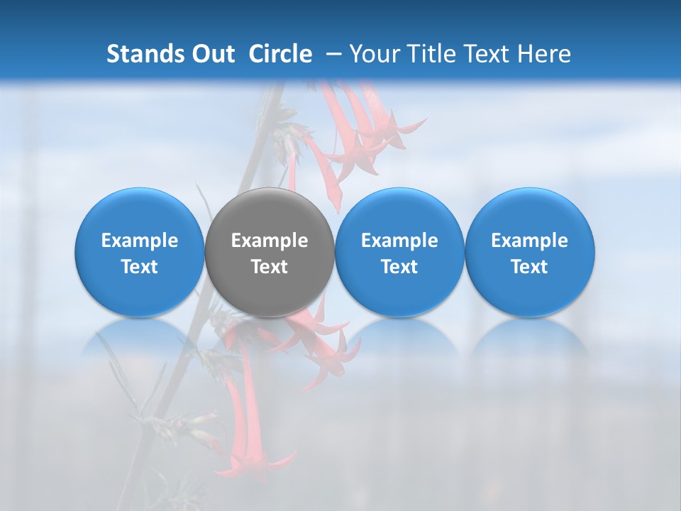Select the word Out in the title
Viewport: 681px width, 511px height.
pos(211,54)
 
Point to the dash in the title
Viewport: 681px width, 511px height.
pos(331,54)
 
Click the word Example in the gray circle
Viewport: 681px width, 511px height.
pos(270,241)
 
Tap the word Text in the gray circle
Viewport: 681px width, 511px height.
pos(270,267)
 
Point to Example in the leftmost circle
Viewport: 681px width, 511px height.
pos(139,241)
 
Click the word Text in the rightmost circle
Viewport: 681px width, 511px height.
pos(529,267)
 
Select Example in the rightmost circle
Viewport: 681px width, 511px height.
pos(529,241)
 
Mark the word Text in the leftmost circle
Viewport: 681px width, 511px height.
pos(139,267)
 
